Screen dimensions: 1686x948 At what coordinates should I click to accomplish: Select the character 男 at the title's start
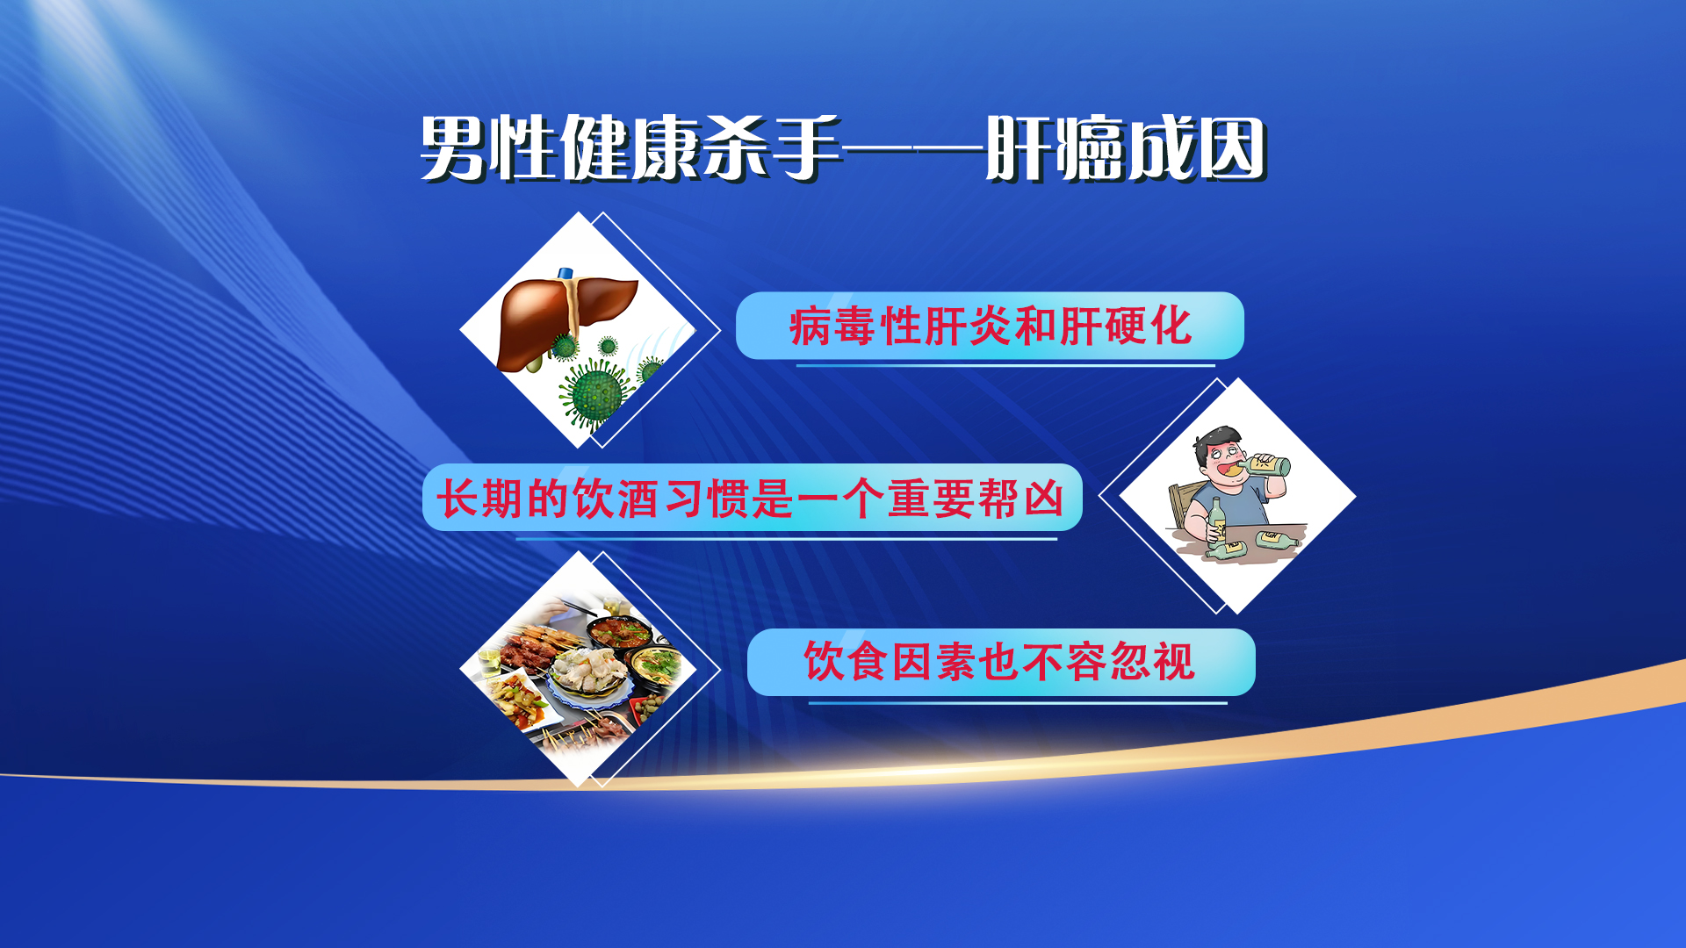[x=454, y=148]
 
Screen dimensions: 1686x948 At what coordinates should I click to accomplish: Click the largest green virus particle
[x=595, y=393]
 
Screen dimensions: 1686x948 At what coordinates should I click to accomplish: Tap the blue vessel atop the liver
[x=566, y=273]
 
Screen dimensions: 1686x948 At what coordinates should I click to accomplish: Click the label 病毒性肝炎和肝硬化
[x=991, y=327]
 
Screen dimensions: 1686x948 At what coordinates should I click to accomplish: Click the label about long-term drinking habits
[x=752, y=499]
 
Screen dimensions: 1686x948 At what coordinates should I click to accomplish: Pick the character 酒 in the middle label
[x=638, y=499]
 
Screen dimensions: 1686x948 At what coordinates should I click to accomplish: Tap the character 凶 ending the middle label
[x=1043, y=499]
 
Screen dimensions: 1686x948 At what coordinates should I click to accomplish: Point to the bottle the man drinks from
[x=1266, y=464]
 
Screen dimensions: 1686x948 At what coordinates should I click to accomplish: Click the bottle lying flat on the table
[x=1277, y=539]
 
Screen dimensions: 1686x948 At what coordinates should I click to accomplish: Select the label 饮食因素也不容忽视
[x=999, y=662]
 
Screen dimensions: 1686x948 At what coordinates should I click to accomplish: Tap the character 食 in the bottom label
[x=868, y=662]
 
